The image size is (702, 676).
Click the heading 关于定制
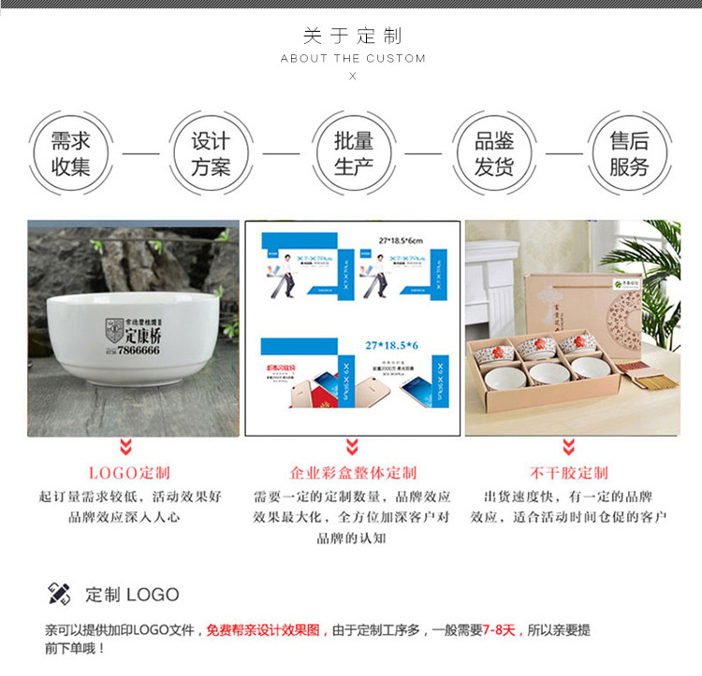pyautogui.click(x=352, y=36)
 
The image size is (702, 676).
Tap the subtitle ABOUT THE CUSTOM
pyautogui.click(x=353, y=58)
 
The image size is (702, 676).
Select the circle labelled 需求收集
pyautogui.click(x=71, y=153)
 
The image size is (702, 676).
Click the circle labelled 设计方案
pyautogui.click(x=211, y=153)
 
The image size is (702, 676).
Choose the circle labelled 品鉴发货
pyautogui.click(x=494, y=153)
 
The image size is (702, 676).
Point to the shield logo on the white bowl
pyautogui.click(x=115, y=330)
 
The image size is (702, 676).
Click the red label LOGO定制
pyautogui.click(x=129, y=473)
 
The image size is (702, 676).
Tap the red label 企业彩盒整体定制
pyautogui.click(x=353, y=473)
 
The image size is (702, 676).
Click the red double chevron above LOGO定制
pyautogui.click(x=125, y=446)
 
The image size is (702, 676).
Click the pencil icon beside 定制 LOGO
pyautogui.click(x=59, y=594)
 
